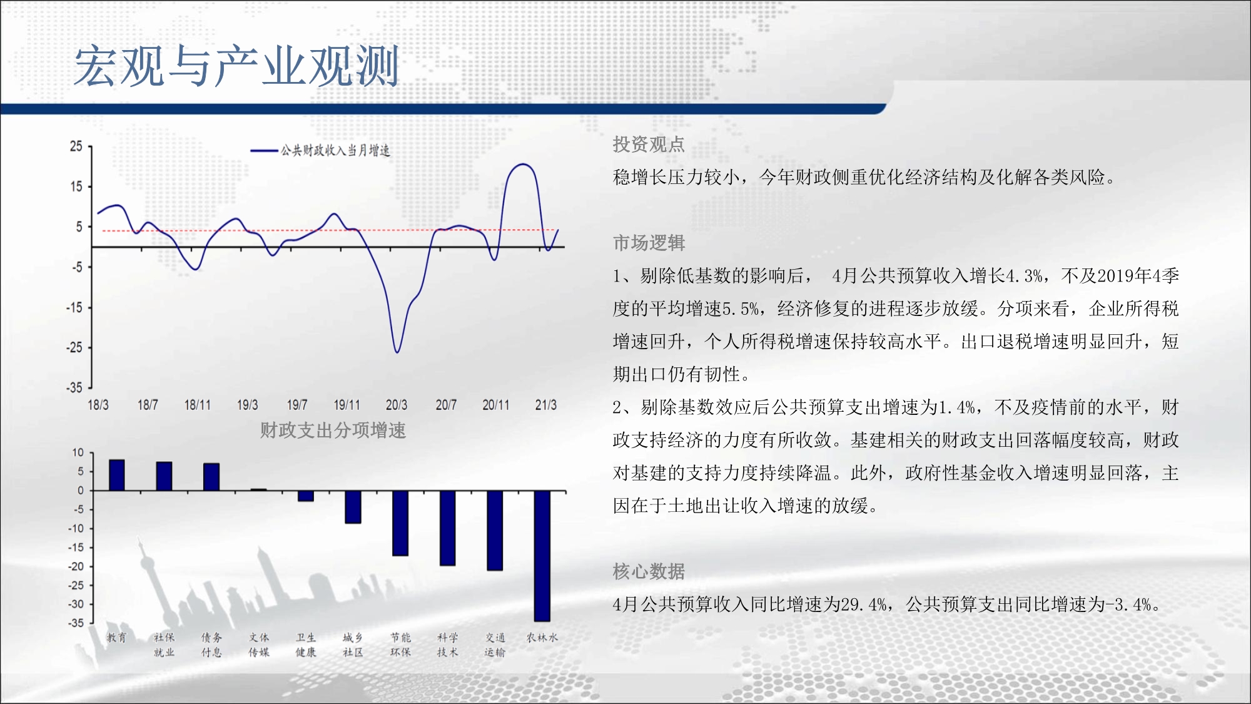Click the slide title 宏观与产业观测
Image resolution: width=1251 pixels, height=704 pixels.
pos(236,66)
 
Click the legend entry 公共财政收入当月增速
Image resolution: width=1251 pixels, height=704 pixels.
pos(320,150)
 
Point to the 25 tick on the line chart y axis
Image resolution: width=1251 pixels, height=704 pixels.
pos(76,146)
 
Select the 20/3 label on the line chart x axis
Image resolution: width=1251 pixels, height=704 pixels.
pos(397,405)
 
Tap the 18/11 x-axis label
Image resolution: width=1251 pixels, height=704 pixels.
pos(197,405)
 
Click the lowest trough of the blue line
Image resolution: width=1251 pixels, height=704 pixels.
pos(397,352)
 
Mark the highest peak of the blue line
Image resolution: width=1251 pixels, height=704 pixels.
pos(523,164)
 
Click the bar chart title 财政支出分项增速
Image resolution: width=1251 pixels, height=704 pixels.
pos(333,431)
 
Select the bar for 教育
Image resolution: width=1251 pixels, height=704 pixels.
pos(117,475)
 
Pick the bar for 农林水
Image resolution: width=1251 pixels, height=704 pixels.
pos(542,556)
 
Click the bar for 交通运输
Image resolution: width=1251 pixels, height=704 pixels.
pos(495,531)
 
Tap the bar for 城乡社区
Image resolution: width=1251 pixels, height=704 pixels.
pos(353,507)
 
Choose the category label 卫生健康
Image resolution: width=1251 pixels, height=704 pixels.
pos(306,645)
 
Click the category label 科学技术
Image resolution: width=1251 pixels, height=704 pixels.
pos(448,645)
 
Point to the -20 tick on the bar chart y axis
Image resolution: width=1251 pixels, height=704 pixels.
pos(76,566)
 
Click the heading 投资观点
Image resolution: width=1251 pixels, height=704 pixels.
pos(649,145)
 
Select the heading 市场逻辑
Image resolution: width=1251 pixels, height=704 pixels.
pos(649,243)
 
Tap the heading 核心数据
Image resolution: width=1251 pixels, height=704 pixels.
pos(649,571)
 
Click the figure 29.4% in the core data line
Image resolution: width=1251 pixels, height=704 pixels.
pos(864,605)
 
